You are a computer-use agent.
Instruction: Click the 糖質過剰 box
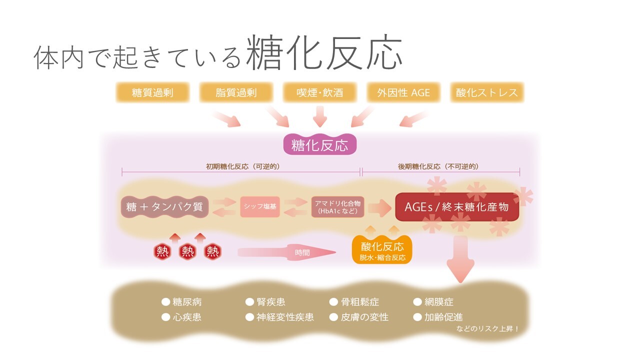[x=152, y=93]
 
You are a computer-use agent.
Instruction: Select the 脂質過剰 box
[x=236, y=93]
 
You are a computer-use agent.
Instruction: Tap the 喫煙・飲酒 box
[x=320, y=93]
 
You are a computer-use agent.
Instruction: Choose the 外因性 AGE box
[x=403, y=93]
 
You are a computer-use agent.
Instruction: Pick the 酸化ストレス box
[x=487, y=93]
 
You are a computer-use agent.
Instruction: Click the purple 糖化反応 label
[x=320, y=145]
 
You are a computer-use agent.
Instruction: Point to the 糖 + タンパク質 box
[x=164, y=207]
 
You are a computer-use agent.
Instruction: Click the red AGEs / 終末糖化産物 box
[x=456, y=207]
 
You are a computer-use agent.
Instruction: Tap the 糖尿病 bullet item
[x=182, y=302]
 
